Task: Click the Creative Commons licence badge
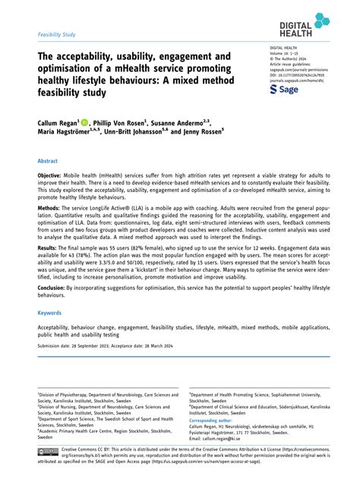48,452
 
